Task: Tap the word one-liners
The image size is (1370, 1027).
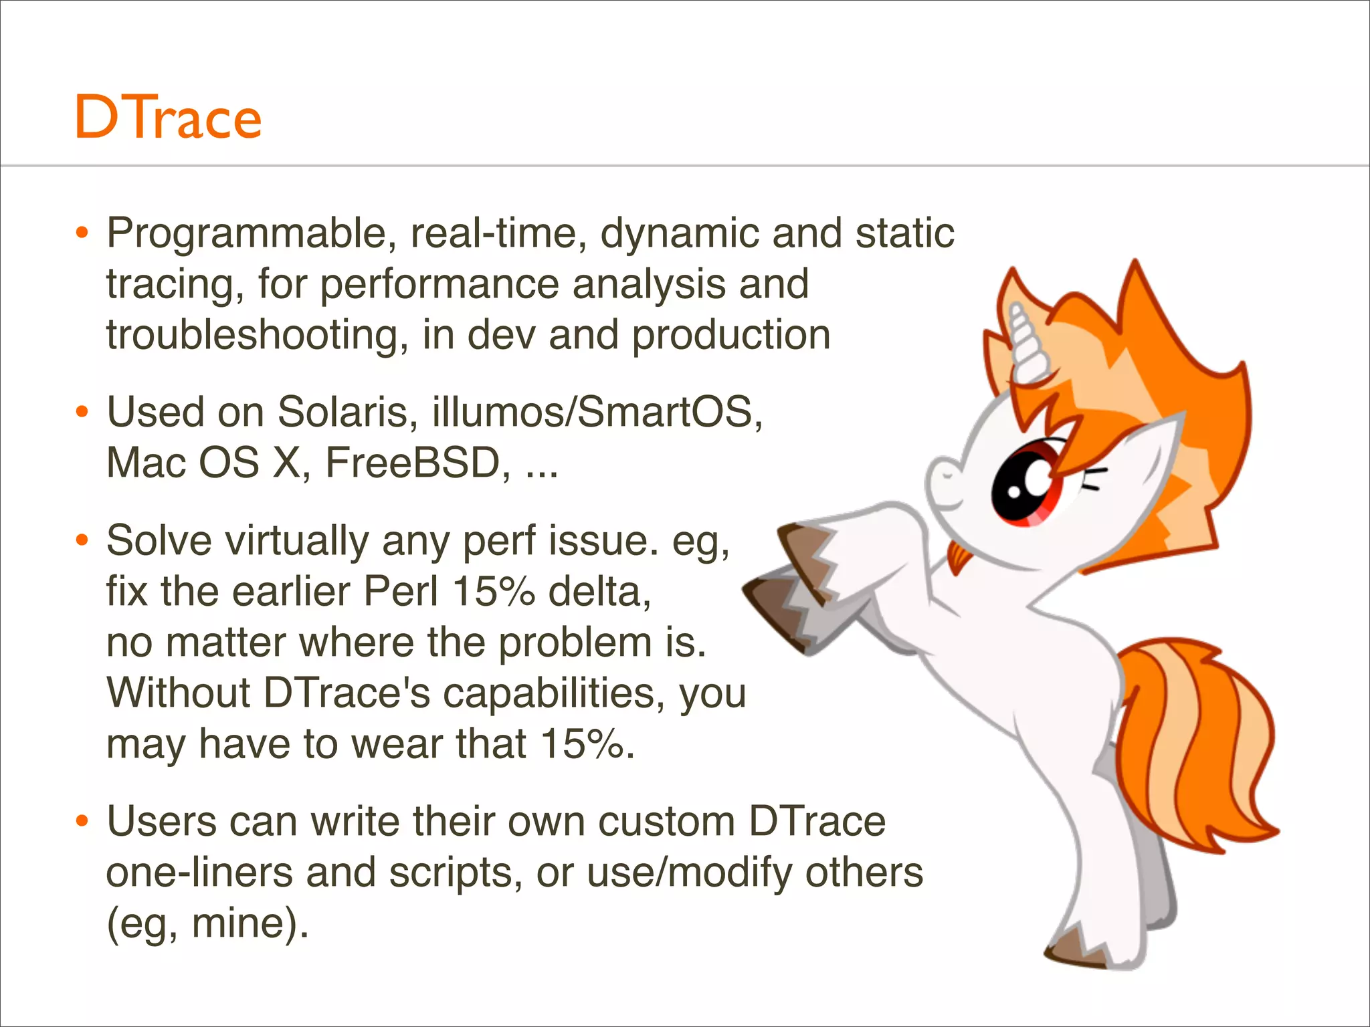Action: pyautogui.click(x=199, y=873)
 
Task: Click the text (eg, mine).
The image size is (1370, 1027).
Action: pyautogui.click(x=207, y=923)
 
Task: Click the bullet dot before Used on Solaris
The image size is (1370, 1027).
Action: pyautogui.click(x=82, y=412)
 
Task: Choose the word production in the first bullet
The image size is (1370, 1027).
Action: pyautogui.click(x=730, y=335)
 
